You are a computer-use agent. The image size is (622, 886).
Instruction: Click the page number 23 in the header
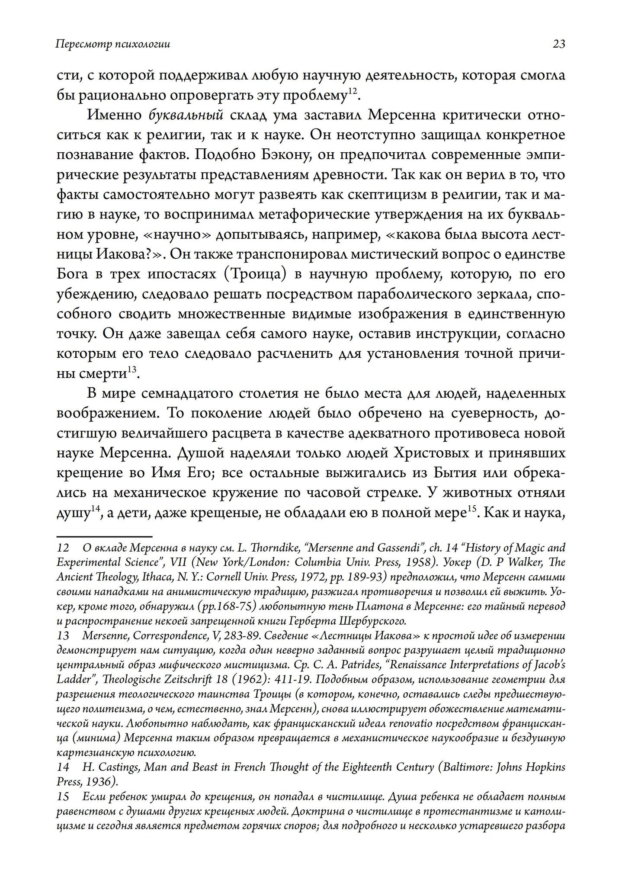click(x=558, y=44)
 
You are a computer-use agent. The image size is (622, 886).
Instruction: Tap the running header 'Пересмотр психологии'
click(x=113, y=44)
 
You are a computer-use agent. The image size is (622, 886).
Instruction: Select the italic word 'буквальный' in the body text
click(x=186, y=116)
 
